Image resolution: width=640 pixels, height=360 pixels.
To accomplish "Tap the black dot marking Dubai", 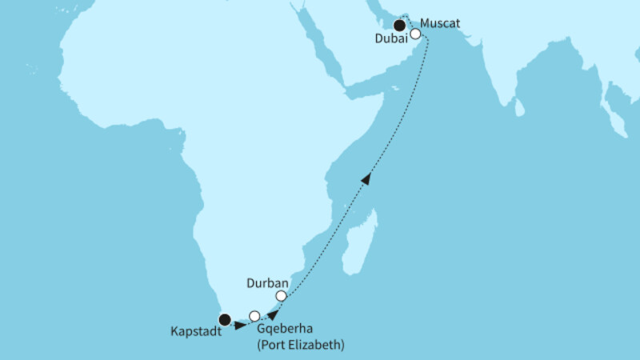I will (398, 26).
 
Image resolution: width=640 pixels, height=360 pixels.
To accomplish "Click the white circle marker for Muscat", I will (415, 34).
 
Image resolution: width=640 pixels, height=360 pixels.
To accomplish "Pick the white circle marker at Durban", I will (281, 296).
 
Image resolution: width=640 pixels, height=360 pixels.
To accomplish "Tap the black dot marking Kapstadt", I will (225, 320).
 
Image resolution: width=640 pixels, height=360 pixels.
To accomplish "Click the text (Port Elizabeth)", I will (300, 346).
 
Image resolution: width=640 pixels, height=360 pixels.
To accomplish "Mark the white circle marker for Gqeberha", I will (254, 315).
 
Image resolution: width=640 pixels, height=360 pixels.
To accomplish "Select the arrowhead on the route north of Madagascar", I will (366, 180).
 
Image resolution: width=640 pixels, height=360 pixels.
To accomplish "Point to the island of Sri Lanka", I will (519, 106).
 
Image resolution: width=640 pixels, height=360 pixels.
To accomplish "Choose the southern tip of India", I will (503, 102).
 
